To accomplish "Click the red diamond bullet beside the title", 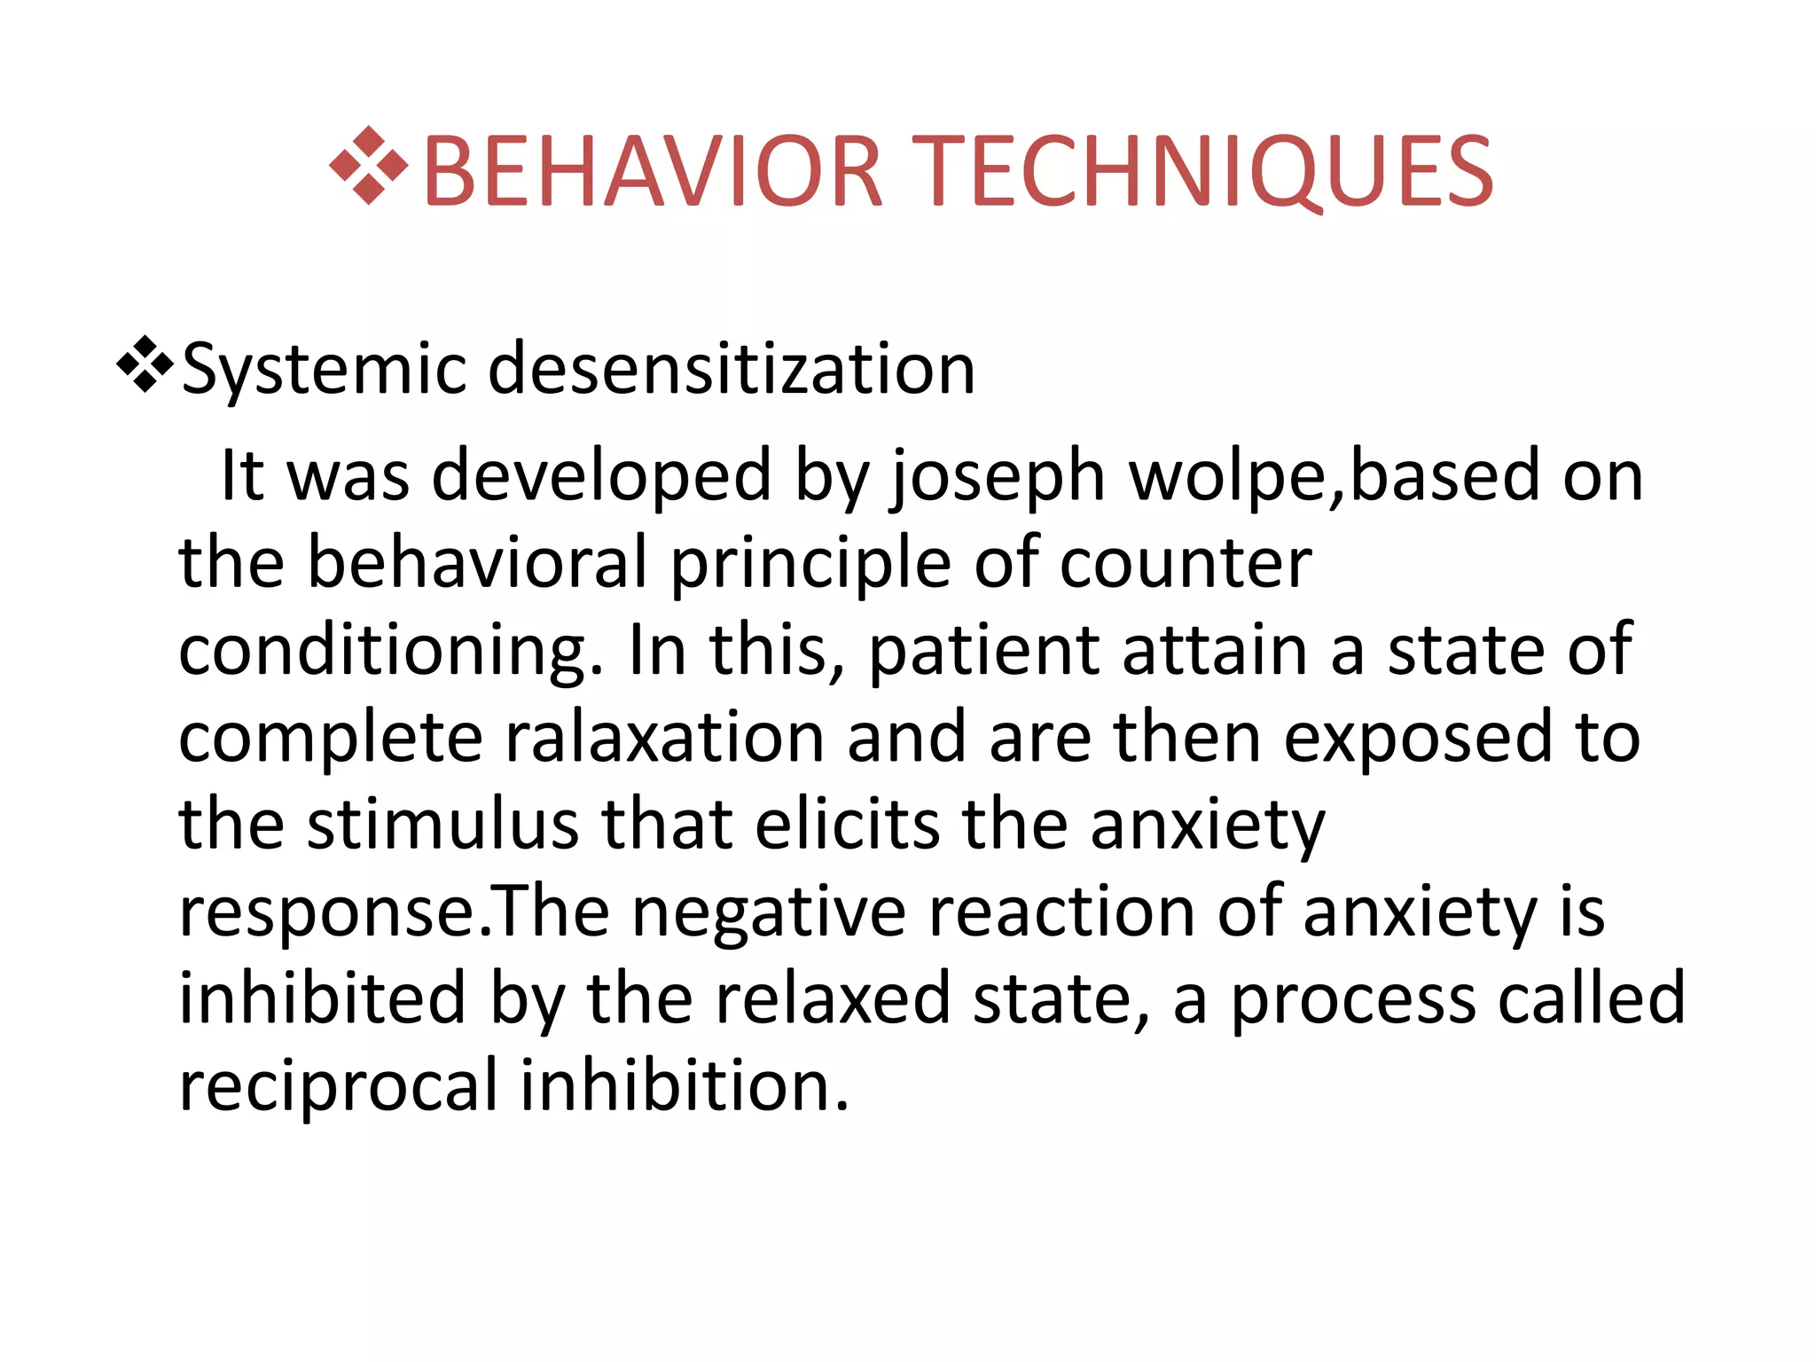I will [x=368, y=166].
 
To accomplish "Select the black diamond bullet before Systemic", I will [x=145, y=364].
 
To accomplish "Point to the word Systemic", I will [x=324, y=370].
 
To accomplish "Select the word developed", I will [x=601, y=476].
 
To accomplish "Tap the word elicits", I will [x=847, y=825].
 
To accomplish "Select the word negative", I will [x=768, y=912].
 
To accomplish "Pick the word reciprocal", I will [x=339, y=1086].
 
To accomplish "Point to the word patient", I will [x=983, y=652].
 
